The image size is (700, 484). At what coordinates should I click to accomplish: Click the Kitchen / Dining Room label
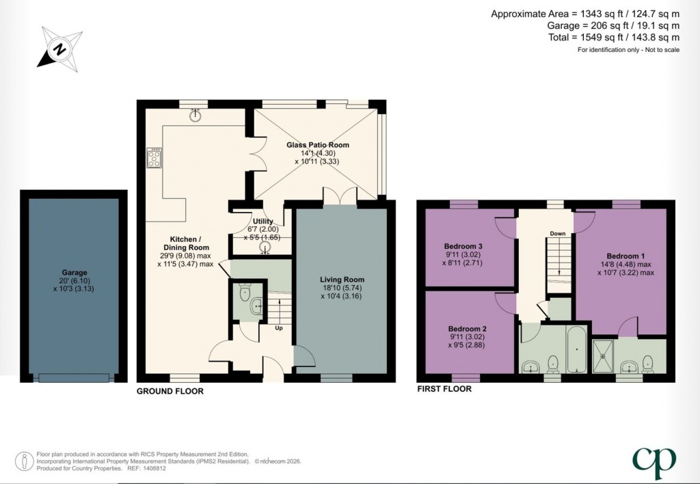[x=185, y=247]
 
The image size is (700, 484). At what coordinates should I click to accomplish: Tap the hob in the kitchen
[x=154, y=159]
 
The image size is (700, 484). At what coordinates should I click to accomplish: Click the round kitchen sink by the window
[x=196, y=116]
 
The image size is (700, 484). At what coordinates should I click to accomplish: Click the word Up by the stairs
[x=278, y=328]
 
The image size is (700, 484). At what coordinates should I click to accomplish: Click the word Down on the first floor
[x=558, y=234]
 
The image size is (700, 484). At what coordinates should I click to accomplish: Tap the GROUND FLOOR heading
[x=170, y=392]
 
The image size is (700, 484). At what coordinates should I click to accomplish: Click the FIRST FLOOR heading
[x=444, y=389]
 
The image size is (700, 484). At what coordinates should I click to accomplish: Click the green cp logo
[x=655, y=463]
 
